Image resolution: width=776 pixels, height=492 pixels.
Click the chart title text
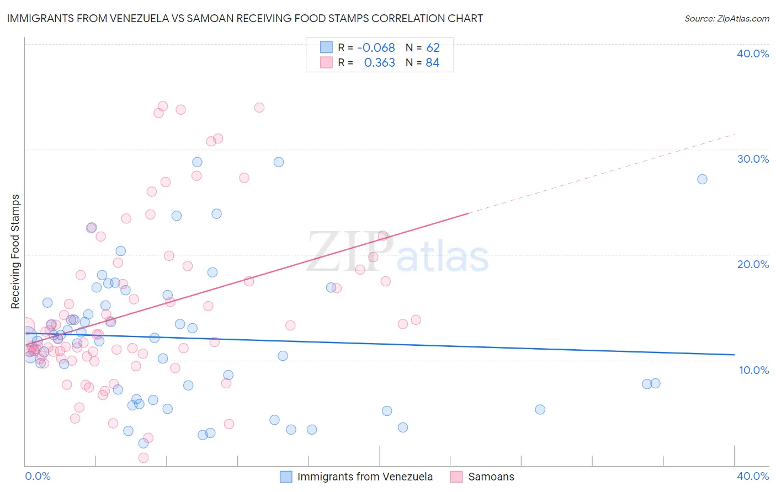pos(245,19)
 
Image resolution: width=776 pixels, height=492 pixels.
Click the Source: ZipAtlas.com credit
pos(726,19)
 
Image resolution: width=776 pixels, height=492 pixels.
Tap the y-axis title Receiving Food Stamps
pos(15,252)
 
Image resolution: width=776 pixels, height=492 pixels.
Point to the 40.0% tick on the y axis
pos(752,54)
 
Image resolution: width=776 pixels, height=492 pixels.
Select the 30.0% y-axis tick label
pos(752,159)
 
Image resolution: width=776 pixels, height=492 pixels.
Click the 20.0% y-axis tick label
pos(752,264)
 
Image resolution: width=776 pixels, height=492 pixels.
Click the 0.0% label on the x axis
pos(38,476)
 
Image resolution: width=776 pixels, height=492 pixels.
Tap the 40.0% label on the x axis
pos(752,476)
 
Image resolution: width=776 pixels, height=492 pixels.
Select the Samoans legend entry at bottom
pos(491,477)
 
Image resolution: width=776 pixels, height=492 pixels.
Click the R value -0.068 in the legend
pos(376,48)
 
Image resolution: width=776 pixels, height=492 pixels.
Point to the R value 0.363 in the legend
pos(379,63)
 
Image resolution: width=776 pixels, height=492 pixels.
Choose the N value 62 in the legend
pos(433,48)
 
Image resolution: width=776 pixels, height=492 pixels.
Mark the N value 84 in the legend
pos(433,63)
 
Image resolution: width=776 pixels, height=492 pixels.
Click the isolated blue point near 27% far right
pos(702,179)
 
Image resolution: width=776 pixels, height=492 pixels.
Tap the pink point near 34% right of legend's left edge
pos(259,108)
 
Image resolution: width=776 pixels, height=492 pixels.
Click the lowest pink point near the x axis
pos(143,458)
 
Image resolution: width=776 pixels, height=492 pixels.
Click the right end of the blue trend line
pos(734,355)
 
